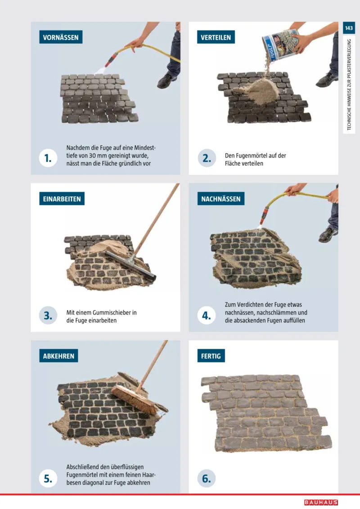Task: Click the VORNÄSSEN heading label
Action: pos(61,37)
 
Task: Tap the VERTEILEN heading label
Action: pos(216,37)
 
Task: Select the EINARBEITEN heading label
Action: pos(62,198)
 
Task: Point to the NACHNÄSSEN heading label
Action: pos(221,198)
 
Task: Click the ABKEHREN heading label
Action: pos(58,356)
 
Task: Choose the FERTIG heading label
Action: pos(211,356)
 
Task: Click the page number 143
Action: pos(349,28)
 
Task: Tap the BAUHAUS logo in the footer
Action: pos(321,502)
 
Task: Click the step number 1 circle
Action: pos(48,158)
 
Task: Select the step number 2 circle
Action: pos(207,158)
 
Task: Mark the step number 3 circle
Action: pos(48,315)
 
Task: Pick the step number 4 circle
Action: pos(207,315)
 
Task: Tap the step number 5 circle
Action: pos(48,478)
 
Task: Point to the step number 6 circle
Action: pos(207,478)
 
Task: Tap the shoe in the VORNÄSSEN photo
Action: pos(167,81)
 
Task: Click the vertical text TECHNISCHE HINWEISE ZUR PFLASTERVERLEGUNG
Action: pos(349,85)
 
